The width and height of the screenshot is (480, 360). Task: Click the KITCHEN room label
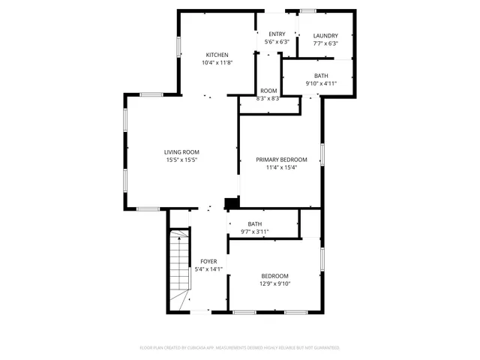click(217, 55)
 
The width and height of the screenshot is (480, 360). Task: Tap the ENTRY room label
click(277, 34)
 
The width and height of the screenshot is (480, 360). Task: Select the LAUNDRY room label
click(325, 35)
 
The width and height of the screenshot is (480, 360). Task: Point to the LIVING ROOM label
click(181, 151)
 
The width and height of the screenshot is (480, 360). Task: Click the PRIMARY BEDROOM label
click(281, 160)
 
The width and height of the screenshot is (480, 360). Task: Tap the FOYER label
click(208, 261)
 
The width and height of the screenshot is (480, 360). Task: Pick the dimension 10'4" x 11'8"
click(217, 63)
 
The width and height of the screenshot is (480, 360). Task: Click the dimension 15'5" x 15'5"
click(181, 160)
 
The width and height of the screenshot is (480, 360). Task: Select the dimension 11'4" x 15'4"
click(281, 167)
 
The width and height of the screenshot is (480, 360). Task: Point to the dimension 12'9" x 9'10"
click(274, 283)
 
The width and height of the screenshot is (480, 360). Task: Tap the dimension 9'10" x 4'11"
click(321, 83)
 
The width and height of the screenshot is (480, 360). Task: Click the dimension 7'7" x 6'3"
click(325, 43)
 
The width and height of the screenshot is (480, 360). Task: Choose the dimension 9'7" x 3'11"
click(255, 232)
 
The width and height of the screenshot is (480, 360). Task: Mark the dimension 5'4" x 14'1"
click(208, 268)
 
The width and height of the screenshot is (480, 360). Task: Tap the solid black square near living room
click(232, 202)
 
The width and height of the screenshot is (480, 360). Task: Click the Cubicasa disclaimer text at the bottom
click(240, 348)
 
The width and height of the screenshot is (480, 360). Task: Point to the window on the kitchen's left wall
click(178, 46)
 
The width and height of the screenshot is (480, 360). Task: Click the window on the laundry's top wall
click(308, 10)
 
